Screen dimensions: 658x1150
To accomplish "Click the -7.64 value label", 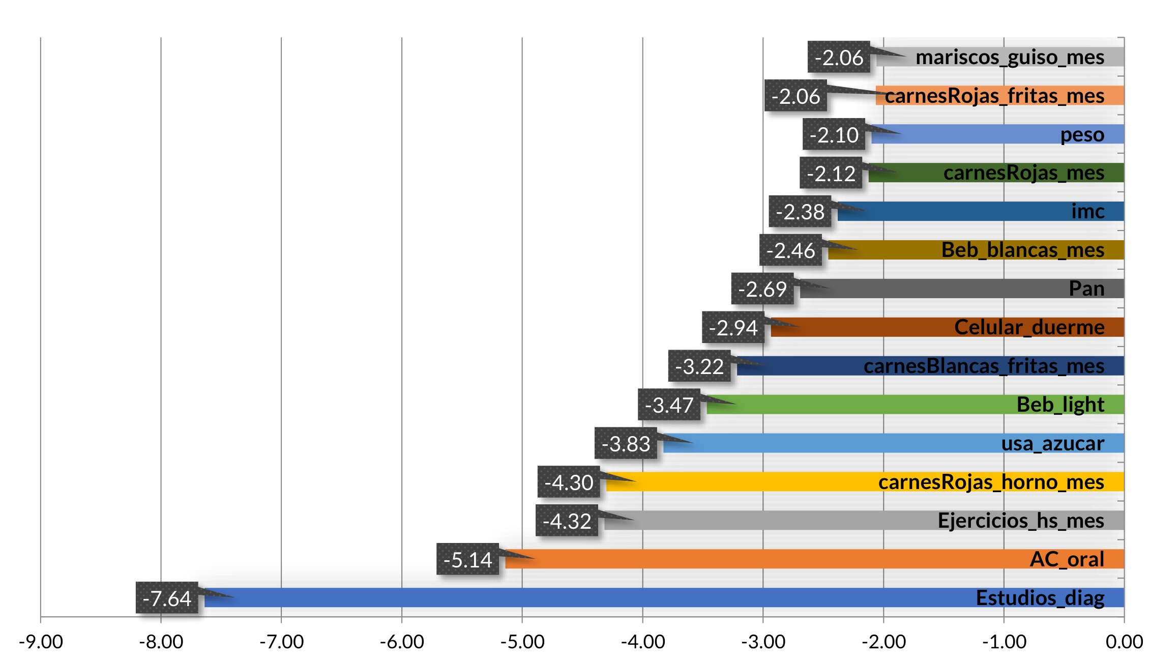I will (x=167, y=598).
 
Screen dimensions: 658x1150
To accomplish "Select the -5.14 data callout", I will (x=467, y=560).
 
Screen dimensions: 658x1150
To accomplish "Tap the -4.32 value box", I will (x=567, y=521).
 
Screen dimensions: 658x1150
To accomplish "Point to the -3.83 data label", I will (x=626, y=444).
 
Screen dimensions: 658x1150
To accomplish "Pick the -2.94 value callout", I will (x=733, y=328).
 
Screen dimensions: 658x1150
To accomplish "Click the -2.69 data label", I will (x=762, y=289).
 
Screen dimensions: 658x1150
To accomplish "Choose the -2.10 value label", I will (x=834, y=135).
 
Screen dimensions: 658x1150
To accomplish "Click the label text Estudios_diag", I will (x=1040, y=598).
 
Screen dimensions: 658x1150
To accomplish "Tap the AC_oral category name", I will (x=1067, y=559).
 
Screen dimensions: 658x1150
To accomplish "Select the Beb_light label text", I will (x=1060, y=405).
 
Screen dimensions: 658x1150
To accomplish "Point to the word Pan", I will (x=1086, y=289).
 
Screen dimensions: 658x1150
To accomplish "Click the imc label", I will (x=1087, y=211).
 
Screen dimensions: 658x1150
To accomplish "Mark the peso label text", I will (x=1082, y=135).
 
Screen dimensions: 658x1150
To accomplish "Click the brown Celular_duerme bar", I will (x=865, y=327).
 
